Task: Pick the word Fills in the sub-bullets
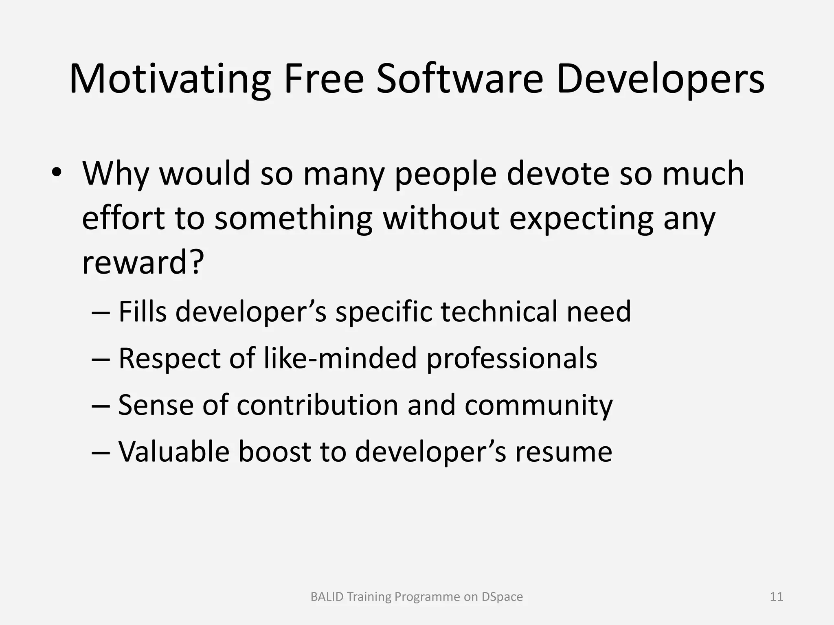pos(143,311)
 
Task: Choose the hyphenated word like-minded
pos(340,358)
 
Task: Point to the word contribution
pos(317,405)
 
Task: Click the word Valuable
pos(173,452)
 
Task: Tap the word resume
pos(564,452)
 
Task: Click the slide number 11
pos(777,597)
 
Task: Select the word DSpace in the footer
pos(502,597)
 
